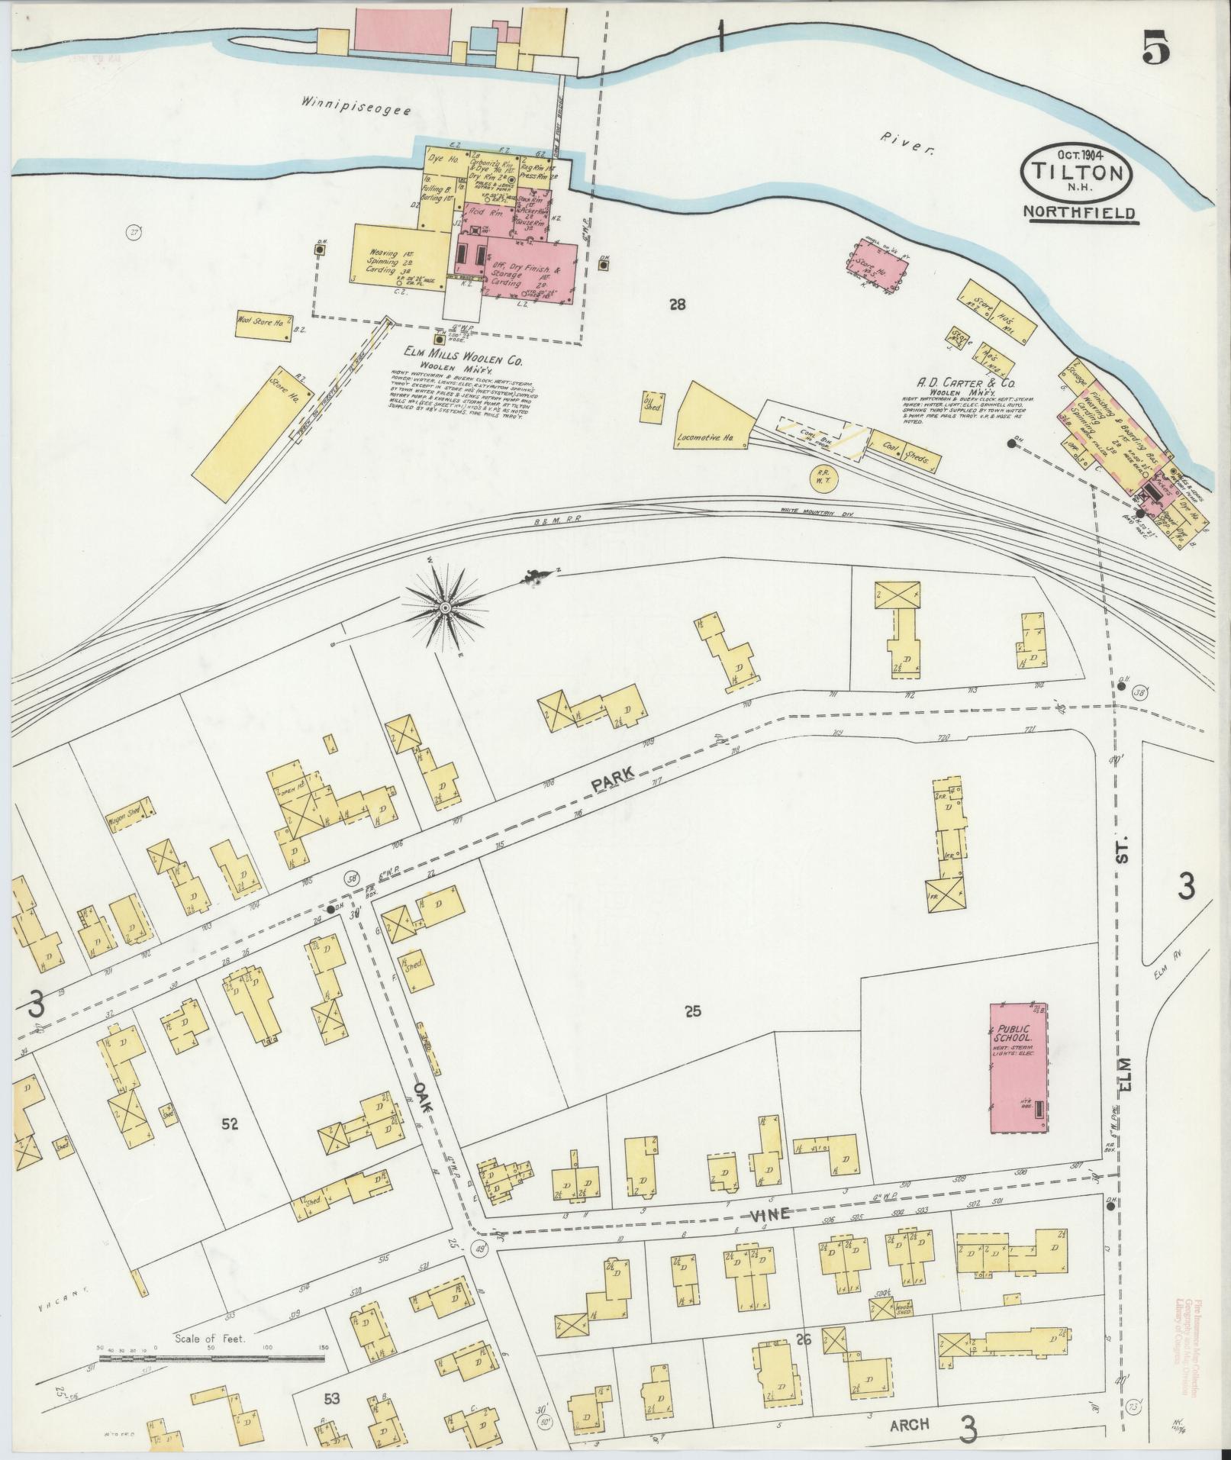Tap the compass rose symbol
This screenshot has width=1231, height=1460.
pyautogui.click(x=444, y=607)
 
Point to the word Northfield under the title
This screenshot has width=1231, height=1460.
pyautogui.click(x=1082, y=214)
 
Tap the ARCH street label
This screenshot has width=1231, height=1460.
pyautogui.click(x=910, y=1424)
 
